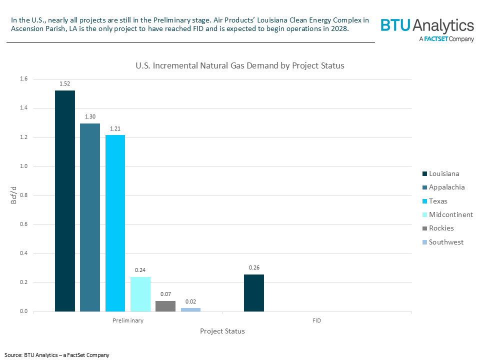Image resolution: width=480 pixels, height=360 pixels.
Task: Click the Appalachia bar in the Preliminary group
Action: point(90,217)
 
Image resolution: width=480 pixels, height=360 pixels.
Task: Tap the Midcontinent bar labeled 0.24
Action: point(140,294)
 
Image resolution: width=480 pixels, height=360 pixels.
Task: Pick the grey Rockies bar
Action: point(165,306)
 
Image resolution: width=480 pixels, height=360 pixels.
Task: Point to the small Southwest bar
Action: point(190,309)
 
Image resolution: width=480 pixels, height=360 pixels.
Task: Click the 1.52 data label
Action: point(64,83)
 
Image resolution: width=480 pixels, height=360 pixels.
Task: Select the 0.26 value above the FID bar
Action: point(254,267)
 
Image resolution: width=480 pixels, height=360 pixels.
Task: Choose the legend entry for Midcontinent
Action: point(450,214)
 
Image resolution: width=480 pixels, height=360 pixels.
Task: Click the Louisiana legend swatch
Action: point(424,173)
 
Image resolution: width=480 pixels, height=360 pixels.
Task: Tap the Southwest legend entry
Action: point(445,242)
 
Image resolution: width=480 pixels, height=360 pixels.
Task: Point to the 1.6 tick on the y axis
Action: point(23,79)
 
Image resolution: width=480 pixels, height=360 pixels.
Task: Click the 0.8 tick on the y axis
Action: point(23,195)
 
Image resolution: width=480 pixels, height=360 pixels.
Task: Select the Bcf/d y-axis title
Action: point(13,195)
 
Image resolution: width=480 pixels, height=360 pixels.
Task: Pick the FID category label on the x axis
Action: point(317,320)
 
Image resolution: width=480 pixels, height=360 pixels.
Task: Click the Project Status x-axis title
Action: point(222,331)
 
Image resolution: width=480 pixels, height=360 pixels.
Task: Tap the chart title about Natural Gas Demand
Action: point(240,65)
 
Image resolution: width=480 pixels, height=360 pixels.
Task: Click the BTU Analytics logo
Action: point(426,29)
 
